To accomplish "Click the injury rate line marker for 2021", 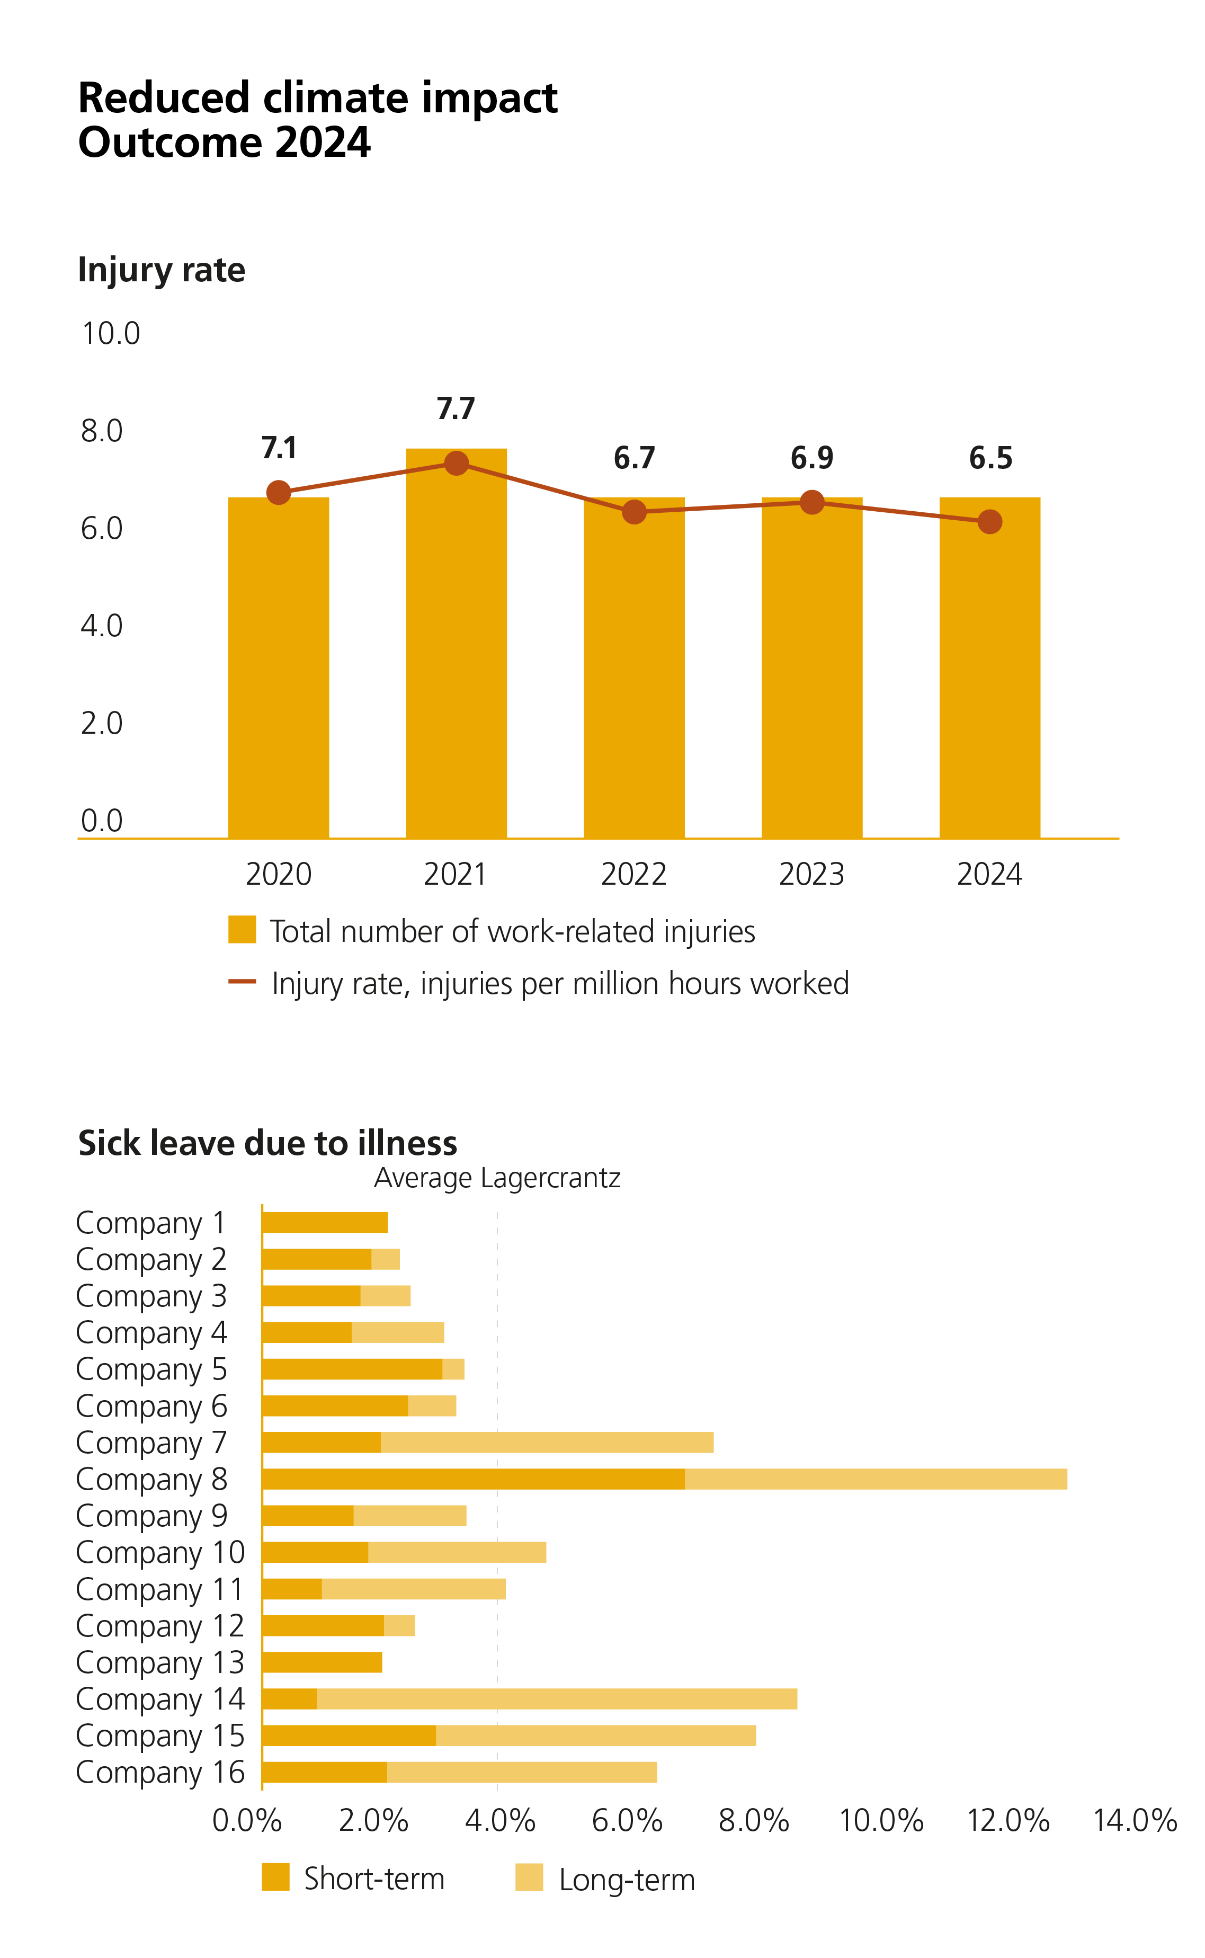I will (x=456, y=463).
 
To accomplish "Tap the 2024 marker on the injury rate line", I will (x=989, y=522).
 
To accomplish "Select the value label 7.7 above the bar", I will (x=456, y=409).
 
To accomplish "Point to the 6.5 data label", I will (x=990, y=458).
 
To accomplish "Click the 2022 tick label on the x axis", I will (x=633, y=874).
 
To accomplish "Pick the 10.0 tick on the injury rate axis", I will (x=111, y=333).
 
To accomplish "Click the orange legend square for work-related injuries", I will (x=242, y=929).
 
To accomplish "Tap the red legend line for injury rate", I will (x=242, y=982).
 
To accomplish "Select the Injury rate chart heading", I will (x=161, y=270).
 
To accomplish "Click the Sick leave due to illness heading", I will (x=268, y=1143).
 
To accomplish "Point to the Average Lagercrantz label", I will (x=496, y=1178).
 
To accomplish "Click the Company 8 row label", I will (x=151, y=1479).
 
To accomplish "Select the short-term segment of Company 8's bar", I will (x=474, y=1479).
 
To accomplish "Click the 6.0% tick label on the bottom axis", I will (x=627, y=1821).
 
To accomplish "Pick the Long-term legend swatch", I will (x=529, y=1877).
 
